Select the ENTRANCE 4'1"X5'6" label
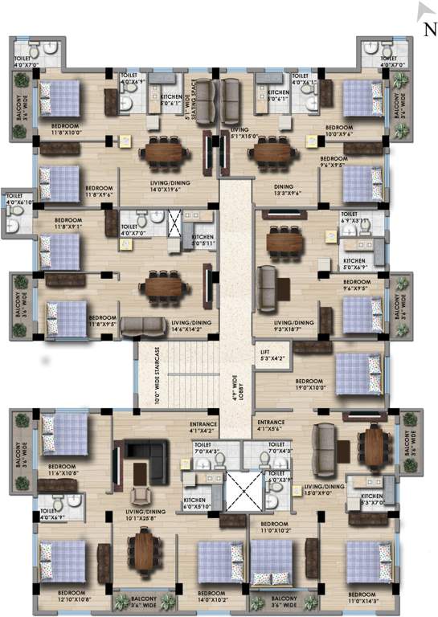pos(272,426)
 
